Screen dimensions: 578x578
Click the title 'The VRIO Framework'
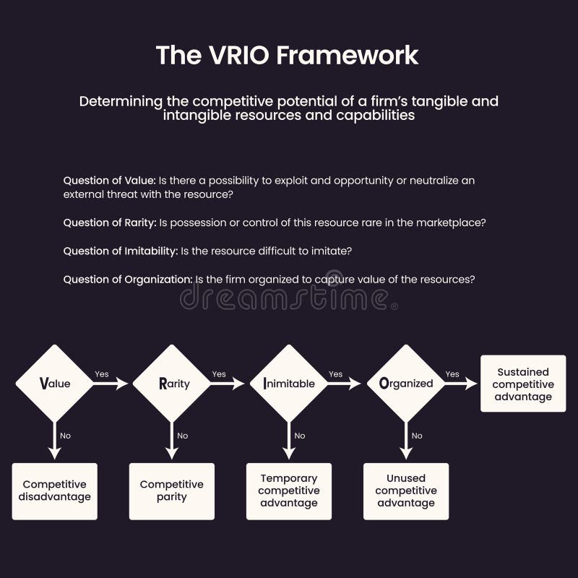tap(288, 56)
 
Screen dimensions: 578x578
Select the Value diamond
tap(55, 384)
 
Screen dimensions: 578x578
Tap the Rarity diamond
tap(172, 384)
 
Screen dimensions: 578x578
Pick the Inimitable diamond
tap(289, 384)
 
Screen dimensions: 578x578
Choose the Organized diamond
tap(406, 384)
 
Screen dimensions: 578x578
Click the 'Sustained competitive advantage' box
tap(523, 384)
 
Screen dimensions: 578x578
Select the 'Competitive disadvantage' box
tap(55, 491)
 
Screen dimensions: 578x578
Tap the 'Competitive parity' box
tap(172, 491)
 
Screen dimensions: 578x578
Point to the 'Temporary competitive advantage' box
tap(289, 491)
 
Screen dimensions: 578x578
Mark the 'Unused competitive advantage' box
tap(406, 491)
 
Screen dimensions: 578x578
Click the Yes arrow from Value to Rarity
tap(111, 384)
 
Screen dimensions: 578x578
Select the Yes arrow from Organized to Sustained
tap(461, 384)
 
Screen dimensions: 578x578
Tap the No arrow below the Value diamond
tap(55, 440)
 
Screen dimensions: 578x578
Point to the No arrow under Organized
tap(406, 440)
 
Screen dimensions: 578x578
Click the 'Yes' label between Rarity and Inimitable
tap(219, 374)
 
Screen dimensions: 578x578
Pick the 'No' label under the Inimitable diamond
tap(300, 436)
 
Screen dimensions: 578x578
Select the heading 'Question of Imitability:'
tap(121, 251)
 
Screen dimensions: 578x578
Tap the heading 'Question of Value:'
tap(109, 181)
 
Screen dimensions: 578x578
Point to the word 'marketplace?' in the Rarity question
tap(452, 223)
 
